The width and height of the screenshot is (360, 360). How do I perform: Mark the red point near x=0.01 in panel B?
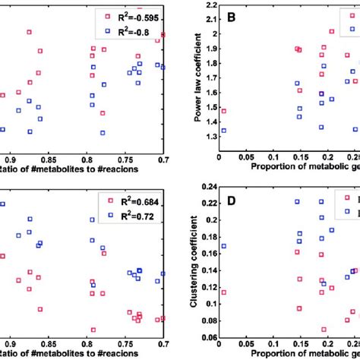(223, 111)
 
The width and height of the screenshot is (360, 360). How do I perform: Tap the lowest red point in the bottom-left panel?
(93, 330)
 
